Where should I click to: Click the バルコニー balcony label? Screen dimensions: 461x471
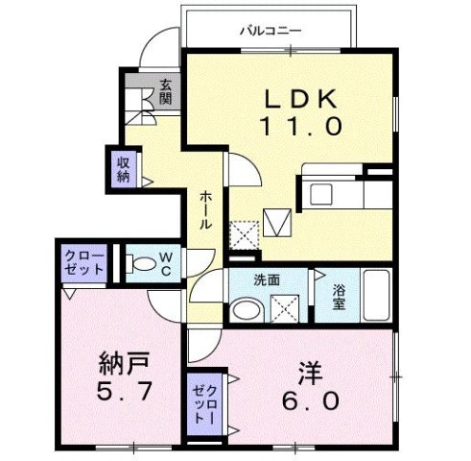click(x=271, y=30)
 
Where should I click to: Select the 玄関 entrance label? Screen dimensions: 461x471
click(x=166, y=92)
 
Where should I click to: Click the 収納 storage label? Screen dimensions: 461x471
click(x=124, y=168)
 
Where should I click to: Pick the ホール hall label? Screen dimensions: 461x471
click(x=206, y=209)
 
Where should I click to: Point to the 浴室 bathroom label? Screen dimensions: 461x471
click(x=339, y=294)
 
